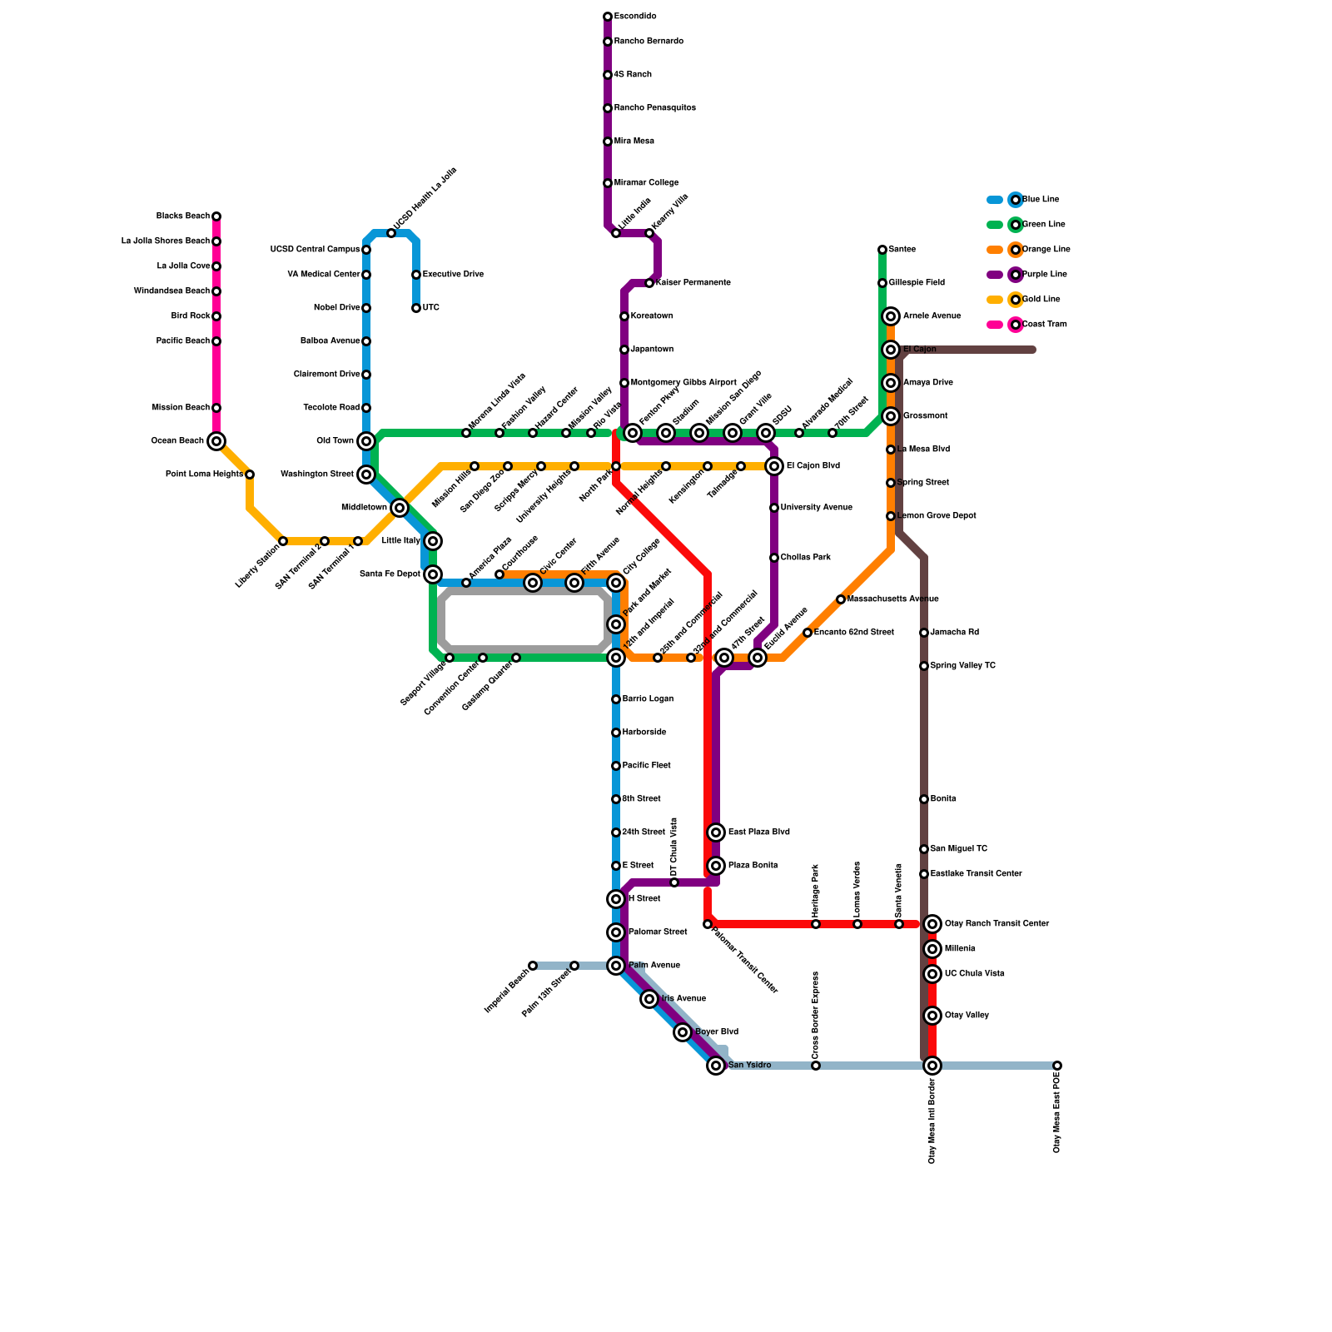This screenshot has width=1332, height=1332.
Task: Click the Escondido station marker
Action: (x=608, y=17)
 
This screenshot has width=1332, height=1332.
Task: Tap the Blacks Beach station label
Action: (x=183, y=216)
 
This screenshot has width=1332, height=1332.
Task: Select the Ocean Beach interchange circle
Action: (x=216, y=441)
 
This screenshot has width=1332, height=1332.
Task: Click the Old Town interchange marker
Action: (x=366, y=441)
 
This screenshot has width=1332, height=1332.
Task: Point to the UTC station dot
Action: (x=416, y=308)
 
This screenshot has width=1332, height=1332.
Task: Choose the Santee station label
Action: (x=902, y=250)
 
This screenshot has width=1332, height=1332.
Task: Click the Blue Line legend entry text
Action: (x=1041, y=200)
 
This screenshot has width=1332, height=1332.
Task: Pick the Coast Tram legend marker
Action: (x=1016, y=325)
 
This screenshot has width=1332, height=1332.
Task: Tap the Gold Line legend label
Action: (x=1041, y=300)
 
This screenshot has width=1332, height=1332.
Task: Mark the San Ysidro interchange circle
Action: (x=716, y=1066)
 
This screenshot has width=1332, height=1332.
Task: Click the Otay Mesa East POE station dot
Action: (x=1057, y=1066)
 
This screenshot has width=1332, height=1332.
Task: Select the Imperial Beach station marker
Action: (x=533, y=966)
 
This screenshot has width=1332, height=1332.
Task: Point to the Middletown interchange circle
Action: (x=400, y=508)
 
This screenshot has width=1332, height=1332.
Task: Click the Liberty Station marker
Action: (x=283, y=541)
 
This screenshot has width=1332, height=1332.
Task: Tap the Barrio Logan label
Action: (x=648, y=699)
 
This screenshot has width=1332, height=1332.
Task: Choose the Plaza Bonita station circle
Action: (x=716, y=866)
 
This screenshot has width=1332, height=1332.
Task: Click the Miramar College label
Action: (x=646, y=183)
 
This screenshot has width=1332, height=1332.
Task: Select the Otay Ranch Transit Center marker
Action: (x=932, y=924)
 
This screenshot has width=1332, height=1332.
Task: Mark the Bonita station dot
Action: (x=924, y=799)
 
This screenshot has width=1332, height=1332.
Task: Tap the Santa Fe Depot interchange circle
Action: (x=433, y=574)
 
